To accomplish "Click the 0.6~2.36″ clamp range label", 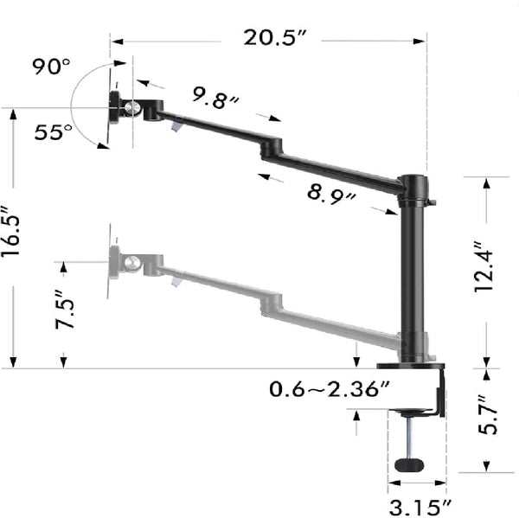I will click(330, 389).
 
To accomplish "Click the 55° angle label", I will click(54, 131).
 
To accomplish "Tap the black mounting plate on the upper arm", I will click(115, 108).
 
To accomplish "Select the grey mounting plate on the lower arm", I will click(113, 261).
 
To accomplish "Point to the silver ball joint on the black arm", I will click(133, 108).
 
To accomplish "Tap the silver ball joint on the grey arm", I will click(132, 261).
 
